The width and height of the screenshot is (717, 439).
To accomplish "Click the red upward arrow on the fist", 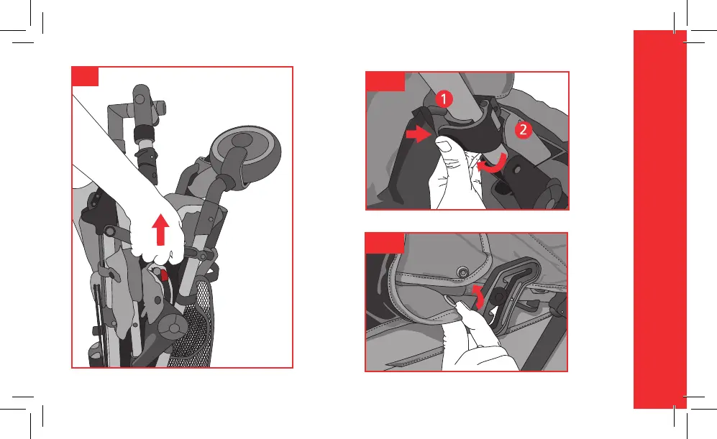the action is (x=160, y=229).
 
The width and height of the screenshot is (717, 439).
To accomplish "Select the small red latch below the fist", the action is (x=163, y=275).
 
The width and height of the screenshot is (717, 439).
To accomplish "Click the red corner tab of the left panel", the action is (x=85, y=76).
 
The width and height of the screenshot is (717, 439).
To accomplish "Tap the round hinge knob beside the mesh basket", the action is (x=173, y=328).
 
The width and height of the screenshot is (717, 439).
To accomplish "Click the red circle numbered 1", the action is (x=443, y=99).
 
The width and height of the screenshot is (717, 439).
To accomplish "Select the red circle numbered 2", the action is (x=523, y=130).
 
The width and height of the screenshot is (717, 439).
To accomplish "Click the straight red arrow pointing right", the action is (x=419, y=134).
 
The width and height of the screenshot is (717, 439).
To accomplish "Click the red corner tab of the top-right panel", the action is (x=385, y=81).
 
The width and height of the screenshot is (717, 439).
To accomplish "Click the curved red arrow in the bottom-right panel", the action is (x=478, y=297).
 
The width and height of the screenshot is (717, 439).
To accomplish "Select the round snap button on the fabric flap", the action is (x=463, y=273).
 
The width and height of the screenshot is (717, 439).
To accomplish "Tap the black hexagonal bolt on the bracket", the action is (x=500, y=297).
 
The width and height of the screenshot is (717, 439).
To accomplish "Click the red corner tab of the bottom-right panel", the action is (x=385, y=243).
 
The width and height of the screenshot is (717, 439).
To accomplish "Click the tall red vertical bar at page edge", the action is (x=660, y=219).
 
